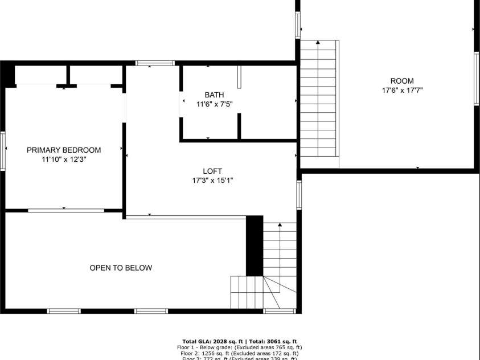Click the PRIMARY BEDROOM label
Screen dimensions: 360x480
(x=64, y=150)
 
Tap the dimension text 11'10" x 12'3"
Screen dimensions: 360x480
(x=64, y=160)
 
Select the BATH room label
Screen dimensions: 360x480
(x=215, y=95)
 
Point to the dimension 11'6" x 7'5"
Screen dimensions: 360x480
(x=215, y=104)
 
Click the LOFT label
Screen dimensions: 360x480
(x=212, y=171)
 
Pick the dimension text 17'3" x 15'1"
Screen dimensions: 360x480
(x=212, y=181)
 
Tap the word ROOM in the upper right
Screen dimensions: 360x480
(x=402, y=81)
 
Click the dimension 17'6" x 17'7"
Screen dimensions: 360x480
(x=402, y=90)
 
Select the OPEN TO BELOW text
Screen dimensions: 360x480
(x=121, y=268)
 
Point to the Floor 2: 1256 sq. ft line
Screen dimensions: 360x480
(x=239, y=353)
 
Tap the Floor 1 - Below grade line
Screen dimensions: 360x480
(x=239, y=347)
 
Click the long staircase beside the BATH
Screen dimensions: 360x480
(x=318, y=100)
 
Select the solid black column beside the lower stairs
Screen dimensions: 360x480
(x=255, y=246)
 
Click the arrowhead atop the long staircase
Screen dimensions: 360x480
(x=318, y=42)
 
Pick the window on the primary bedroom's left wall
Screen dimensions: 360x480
(x=3, y=150)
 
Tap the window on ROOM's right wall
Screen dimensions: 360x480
(x=477, y=79)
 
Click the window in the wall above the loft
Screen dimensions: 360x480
(x=155, y=63)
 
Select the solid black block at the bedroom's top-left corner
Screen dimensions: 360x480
(x=7, y=75)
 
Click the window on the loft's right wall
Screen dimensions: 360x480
(x=298, y=195)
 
